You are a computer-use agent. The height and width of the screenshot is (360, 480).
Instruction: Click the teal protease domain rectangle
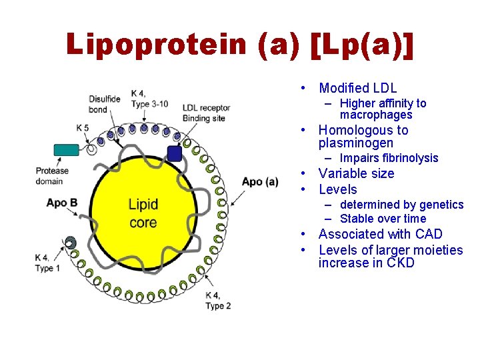[x=66, y=150]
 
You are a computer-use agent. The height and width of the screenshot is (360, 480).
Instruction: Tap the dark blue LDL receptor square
[x=175, y=154]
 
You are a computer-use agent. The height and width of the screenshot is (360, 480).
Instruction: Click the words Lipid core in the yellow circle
[x=143, y=213]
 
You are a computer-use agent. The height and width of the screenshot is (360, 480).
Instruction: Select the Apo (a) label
[x=260, y=182]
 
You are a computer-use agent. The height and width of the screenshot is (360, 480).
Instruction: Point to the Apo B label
[x=62, y=203]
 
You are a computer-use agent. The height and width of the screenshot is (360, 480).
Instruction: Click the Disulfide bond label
[x=105, y=105]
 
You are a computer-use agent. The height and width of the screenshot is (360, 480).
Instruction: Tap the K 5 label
[x=83, y=127]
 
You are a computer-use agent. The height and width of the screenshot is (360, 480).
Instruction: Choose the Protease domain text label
[x=52, y=176]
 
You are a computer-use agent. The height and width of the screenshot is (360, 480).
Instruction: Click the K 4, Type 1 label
[x=49, y=263]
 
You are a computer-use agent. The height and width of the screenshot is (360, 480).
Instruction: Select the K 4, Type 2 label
[x=218, y=301]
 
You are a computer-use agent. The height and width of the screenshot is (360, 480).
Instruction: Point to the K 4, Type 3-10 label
[x=150, y=99]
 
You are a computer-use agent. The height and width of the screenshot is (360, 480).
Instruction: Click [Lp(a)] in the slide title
[x=363, y=45]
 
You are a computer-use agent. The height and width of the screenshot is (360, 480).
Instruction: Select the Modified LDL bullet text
[x=358, y=88]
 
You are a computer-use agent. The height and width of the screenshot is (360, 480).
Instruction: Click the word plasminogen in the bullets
[x=356, y=143]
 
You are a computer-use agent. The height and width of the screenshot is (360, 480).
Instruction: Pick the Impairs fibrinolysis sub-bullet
[x=389, y=158]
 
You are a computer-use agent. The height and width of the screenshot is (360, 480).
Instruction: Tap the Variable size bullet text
[x=357, y=173]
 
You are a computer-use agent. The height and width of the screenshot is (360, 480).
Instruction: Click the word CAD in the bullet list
[x=429, y=234]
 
